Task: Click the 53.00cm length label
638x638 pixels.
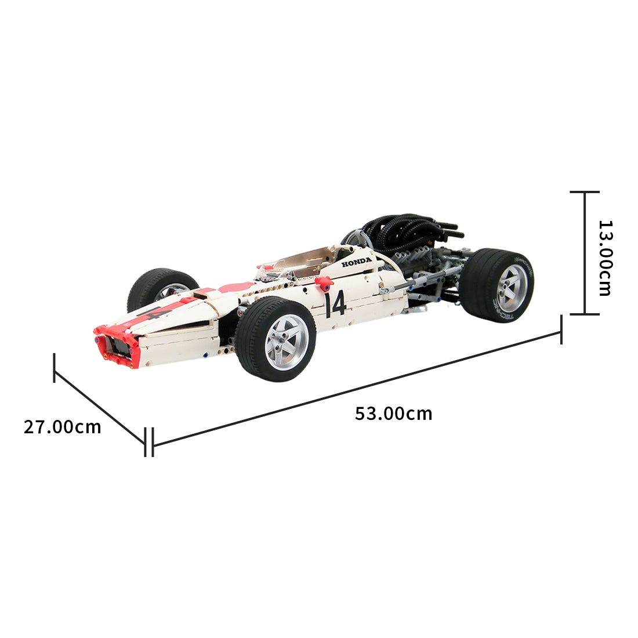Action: coord(393,414)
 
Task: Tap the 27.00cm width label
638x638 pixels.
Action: coord(62,427)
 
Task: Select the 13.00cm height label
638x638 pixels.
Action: coord(605,258)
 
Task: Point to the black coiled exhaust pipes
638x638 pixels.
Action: coord(406,230)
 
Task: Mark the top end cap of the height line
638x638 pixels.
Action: coord(584,191)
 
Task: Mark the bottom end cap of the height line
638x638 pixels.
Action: coord(584,314)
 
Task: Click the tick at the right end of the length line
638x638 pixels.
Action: coord(561,329)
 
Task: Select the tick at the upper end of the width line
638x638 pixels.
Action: coord(55,367)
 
